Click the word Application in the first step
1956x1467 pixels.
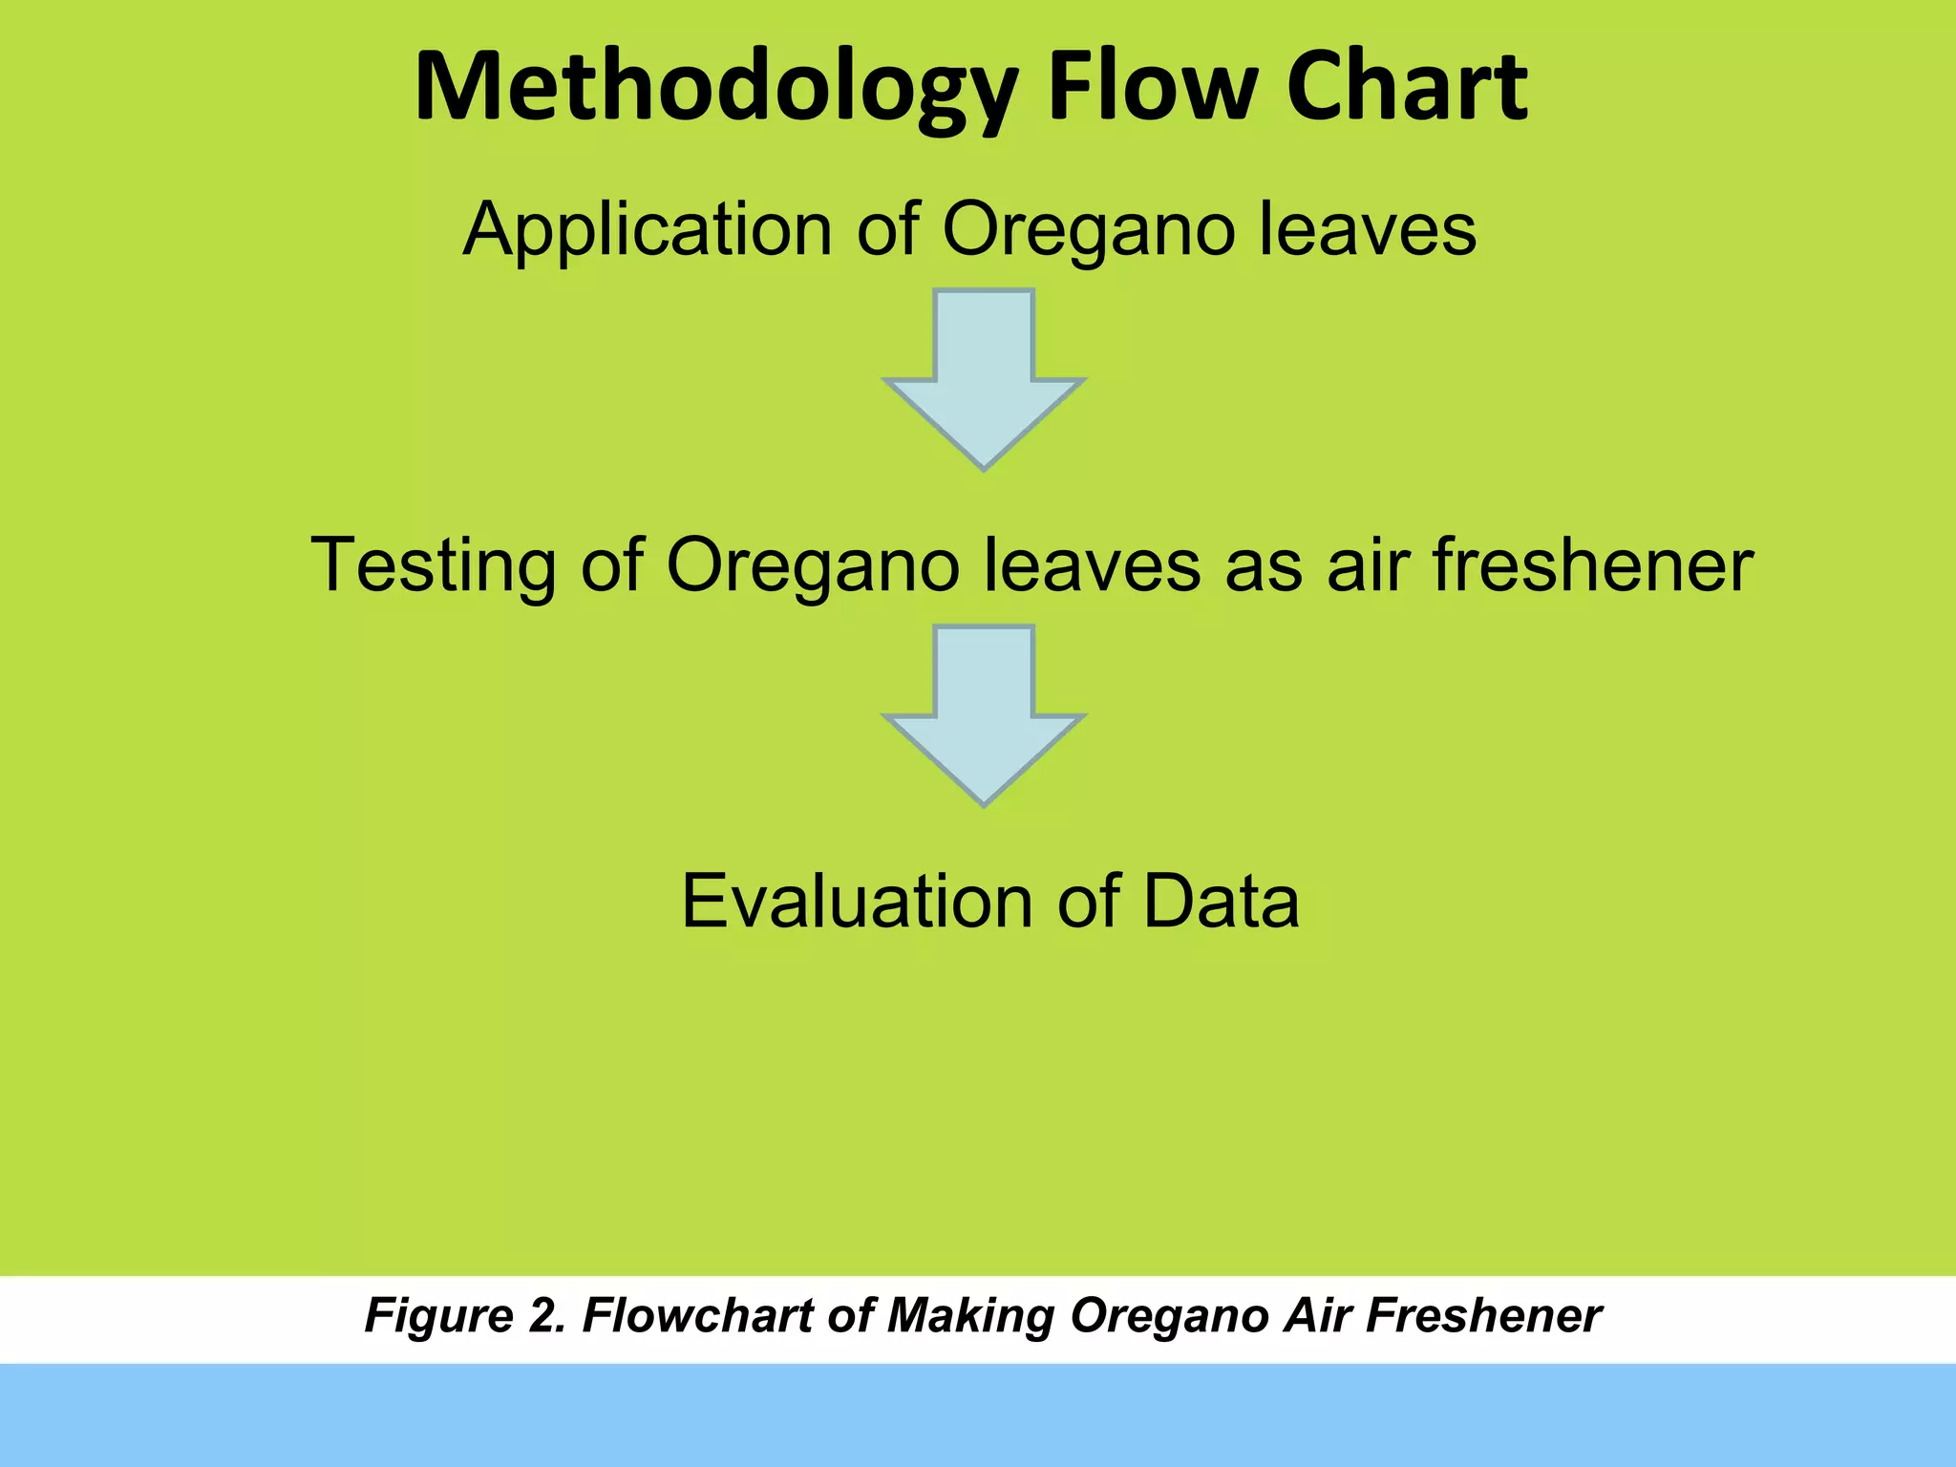pyautogui.click(x=648, y=231)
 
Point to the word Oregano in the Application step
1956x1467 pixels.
pyautogui.click(x=1089, y=231)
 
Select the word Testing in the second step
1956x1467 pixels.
pyautogui.click(x=432, y=565)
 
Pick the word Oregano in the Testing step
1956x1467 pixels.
pyautogui.click(x=812, y=565)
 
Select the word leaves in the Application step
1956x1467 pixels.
pyautogui.click(x=1368, y=231)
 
